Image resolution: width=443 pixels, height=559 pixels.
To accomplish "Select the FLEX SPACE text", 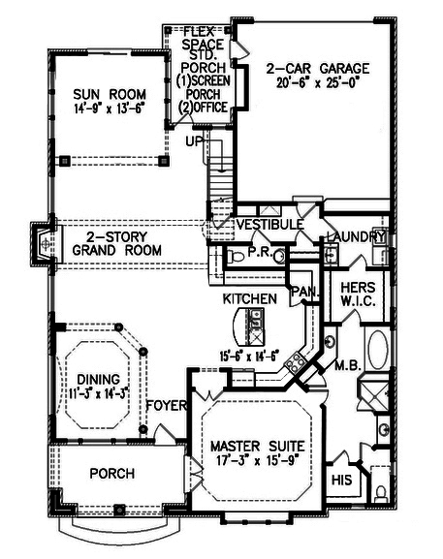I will click(x=204, y=40).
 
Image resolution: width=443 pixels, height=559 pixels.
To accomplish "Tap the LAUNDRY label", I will click(x=356, y=237).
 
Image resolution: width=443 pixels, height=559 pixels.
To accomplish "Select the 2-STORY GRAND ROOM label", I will click(x=116, y=242).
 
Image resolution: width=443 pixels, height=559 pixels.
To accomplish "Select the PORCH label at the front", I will click(x=111, y=474).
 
